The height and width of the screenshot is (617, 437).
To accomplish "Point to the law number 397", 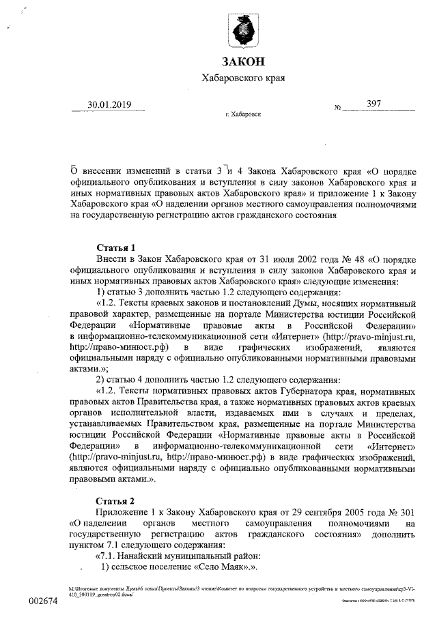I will pos(373,104).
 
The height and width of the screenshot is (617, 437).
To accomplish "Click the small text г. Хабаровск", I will pos(243,115).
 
